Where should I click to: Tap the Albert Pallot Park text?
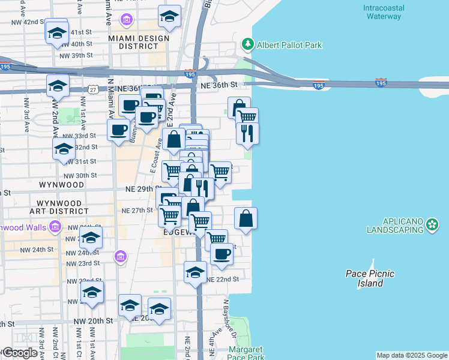click(x=289, y=45)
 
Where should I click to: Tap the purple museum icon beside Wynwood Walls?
click(x=55, y=227)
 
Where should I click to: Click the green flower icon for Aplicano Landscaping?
click(x=432, y=226)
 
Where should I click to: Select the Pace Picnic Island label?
click(x=370, y=278)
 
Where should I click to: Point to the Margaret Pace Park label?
click(x=246, y=353)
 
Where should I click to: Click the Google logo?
click(x=20, y=353)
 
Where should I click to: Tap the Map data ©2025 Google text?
click(x=411, y=355)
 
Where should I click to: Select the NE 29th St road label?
click(x=141, y=188)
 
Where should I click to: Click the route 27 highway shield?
click(x=93, y=89)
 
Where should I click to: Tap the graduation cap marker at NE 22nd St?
click(x=195, y=273)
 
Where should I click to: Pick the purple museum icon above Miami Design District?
click(x=126, y=21)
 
